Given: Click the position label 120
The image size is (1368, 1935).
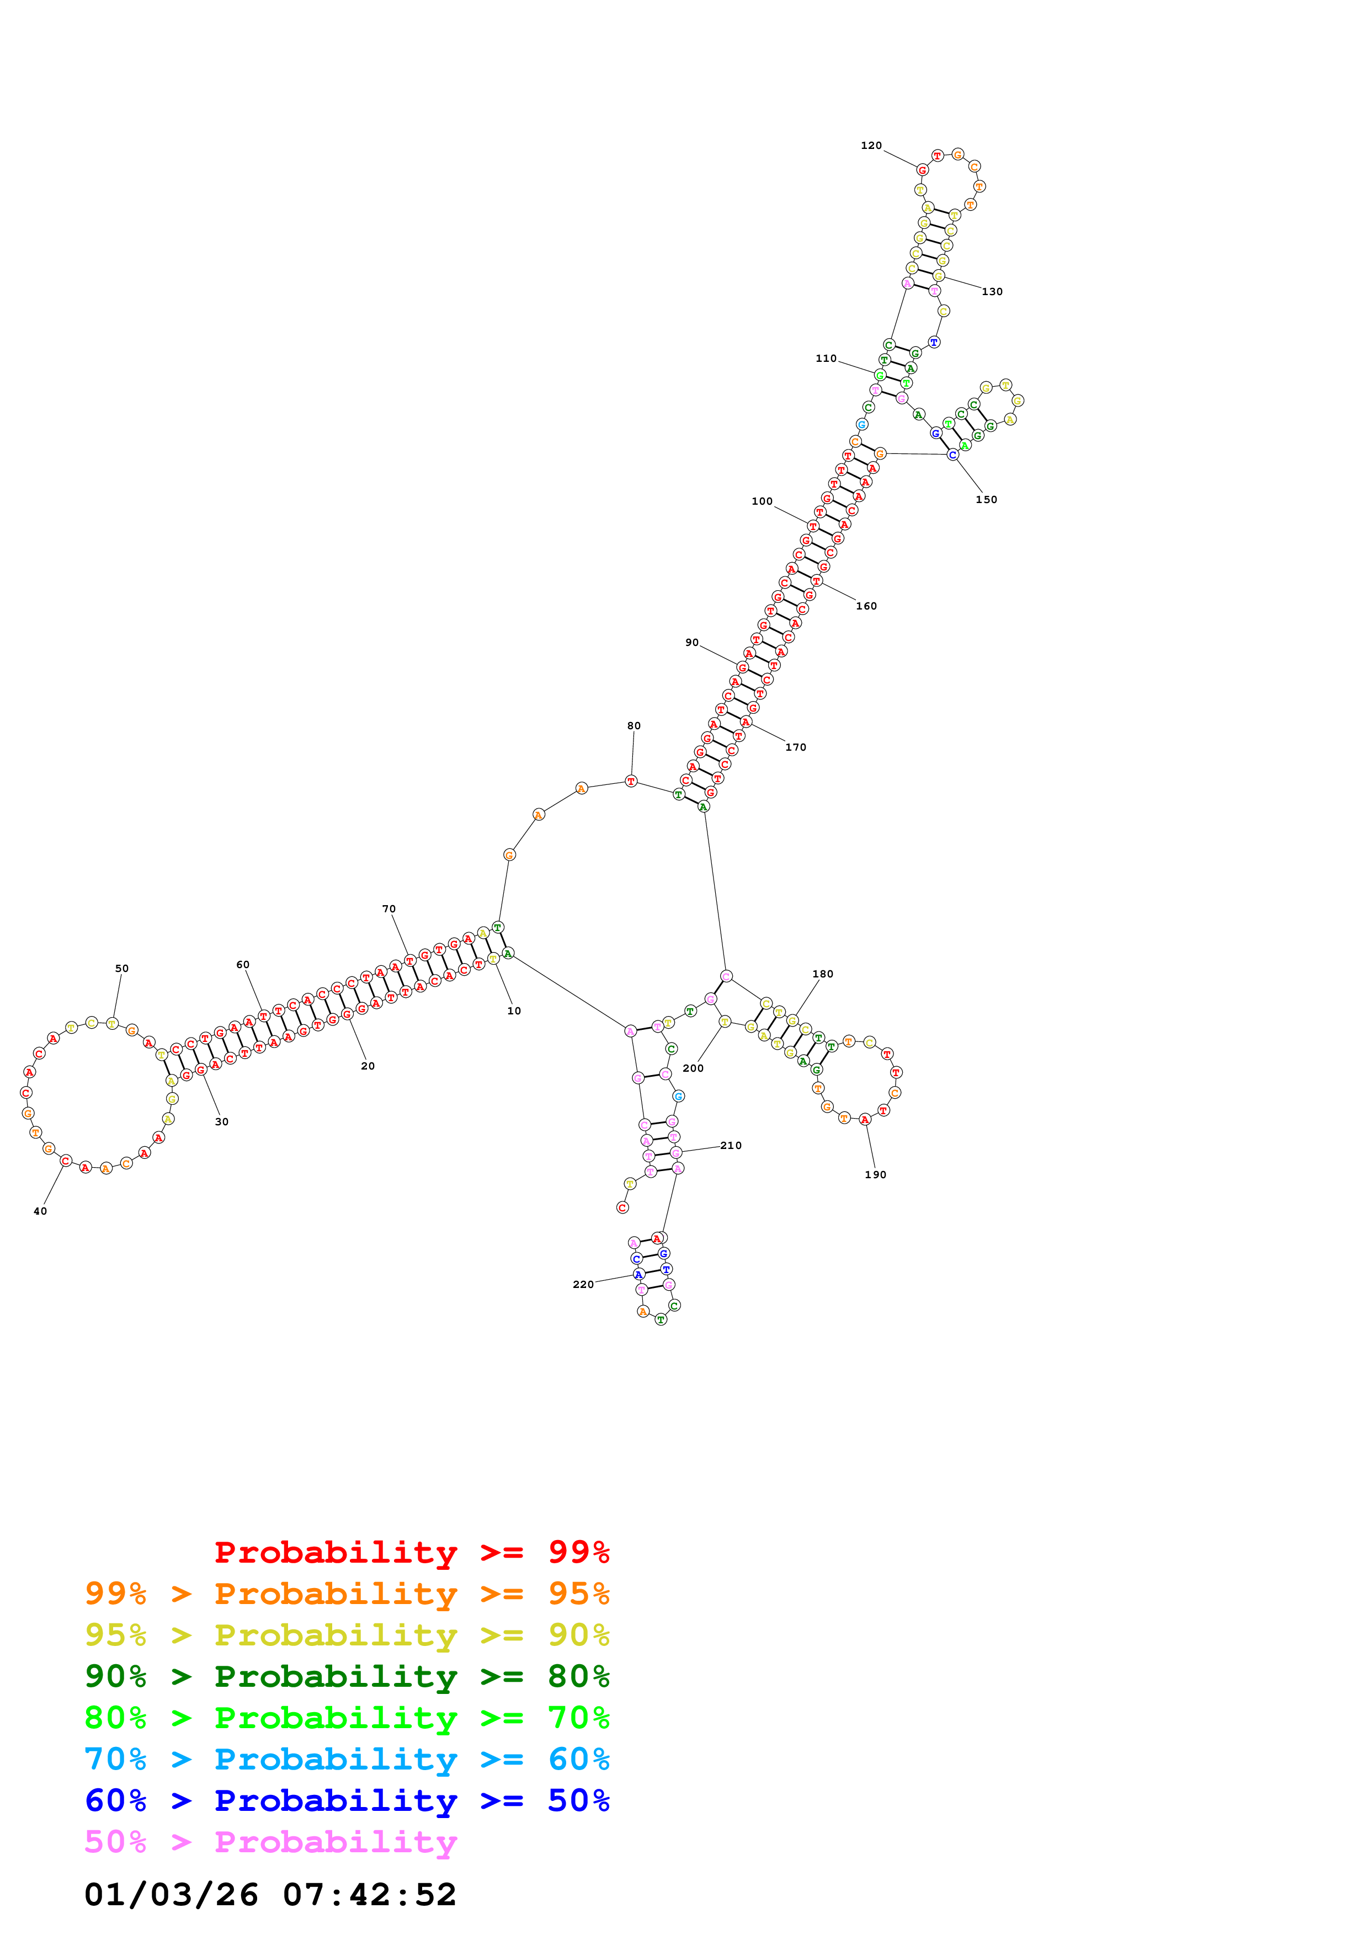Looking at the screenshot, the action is coord(871,146).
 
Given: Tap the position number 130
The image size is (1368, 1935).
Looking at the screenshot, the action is coord(992,292).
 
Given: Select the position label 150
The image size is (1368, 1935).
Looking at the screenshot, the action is coord(986,500).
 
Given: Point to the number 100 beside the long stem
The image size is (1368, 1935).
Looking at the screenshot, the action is coord(762,501).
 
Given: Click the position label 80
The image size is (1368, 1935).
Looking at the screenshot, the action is coord(634,726).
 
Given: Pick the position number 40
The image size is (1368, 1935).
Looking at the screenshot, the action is coord(40,1211).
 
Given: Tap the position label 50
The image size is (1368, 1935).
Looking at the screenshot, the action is coord(122,969).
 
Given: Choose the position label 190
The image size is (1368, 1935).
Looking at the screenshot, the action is coord(876,1175).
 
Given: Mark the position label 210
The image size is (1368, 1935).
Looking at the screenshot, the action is coord(731,1145).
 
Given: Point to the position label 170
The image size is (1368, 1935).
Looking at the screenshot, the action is coord(796,747).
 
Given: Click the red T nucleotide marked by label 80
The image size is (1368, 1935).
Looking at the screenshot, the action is coord(631,781).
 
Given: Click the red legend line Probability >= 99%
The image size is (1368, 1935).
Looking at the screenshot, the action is coord(411,1552).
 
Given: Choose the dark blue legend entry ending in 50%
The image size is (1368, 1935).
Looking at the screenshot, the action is coord(347,1800).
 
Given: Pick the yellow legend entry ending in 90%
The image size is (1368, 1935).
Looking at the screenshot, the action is coord(347,1635).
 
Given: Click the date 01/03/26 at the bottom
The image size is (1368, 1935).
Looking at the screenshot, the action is coord(171,1895).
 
